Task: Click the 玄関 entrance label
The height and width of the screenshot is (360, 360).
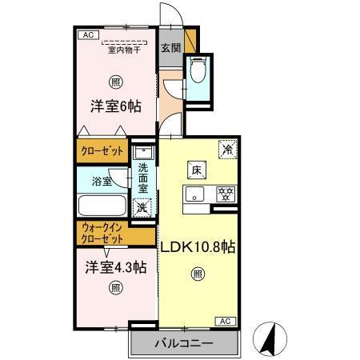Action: point(170,47)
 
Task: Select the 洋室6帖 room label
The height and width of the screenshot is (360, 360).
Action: point(115,106)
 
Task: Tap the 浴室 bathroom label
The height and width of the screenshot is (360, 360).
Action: point(101,181)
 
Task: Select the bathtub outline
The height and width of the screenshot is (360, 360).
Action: point(102,205)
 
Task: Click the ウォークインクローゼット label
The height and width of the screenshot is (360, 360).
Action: point(103,234)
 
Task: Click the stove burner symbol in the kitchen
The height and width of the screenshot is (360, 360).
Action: point(226,194)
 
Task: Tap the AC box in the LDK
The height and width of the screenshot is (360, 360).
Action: point(225,321)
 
